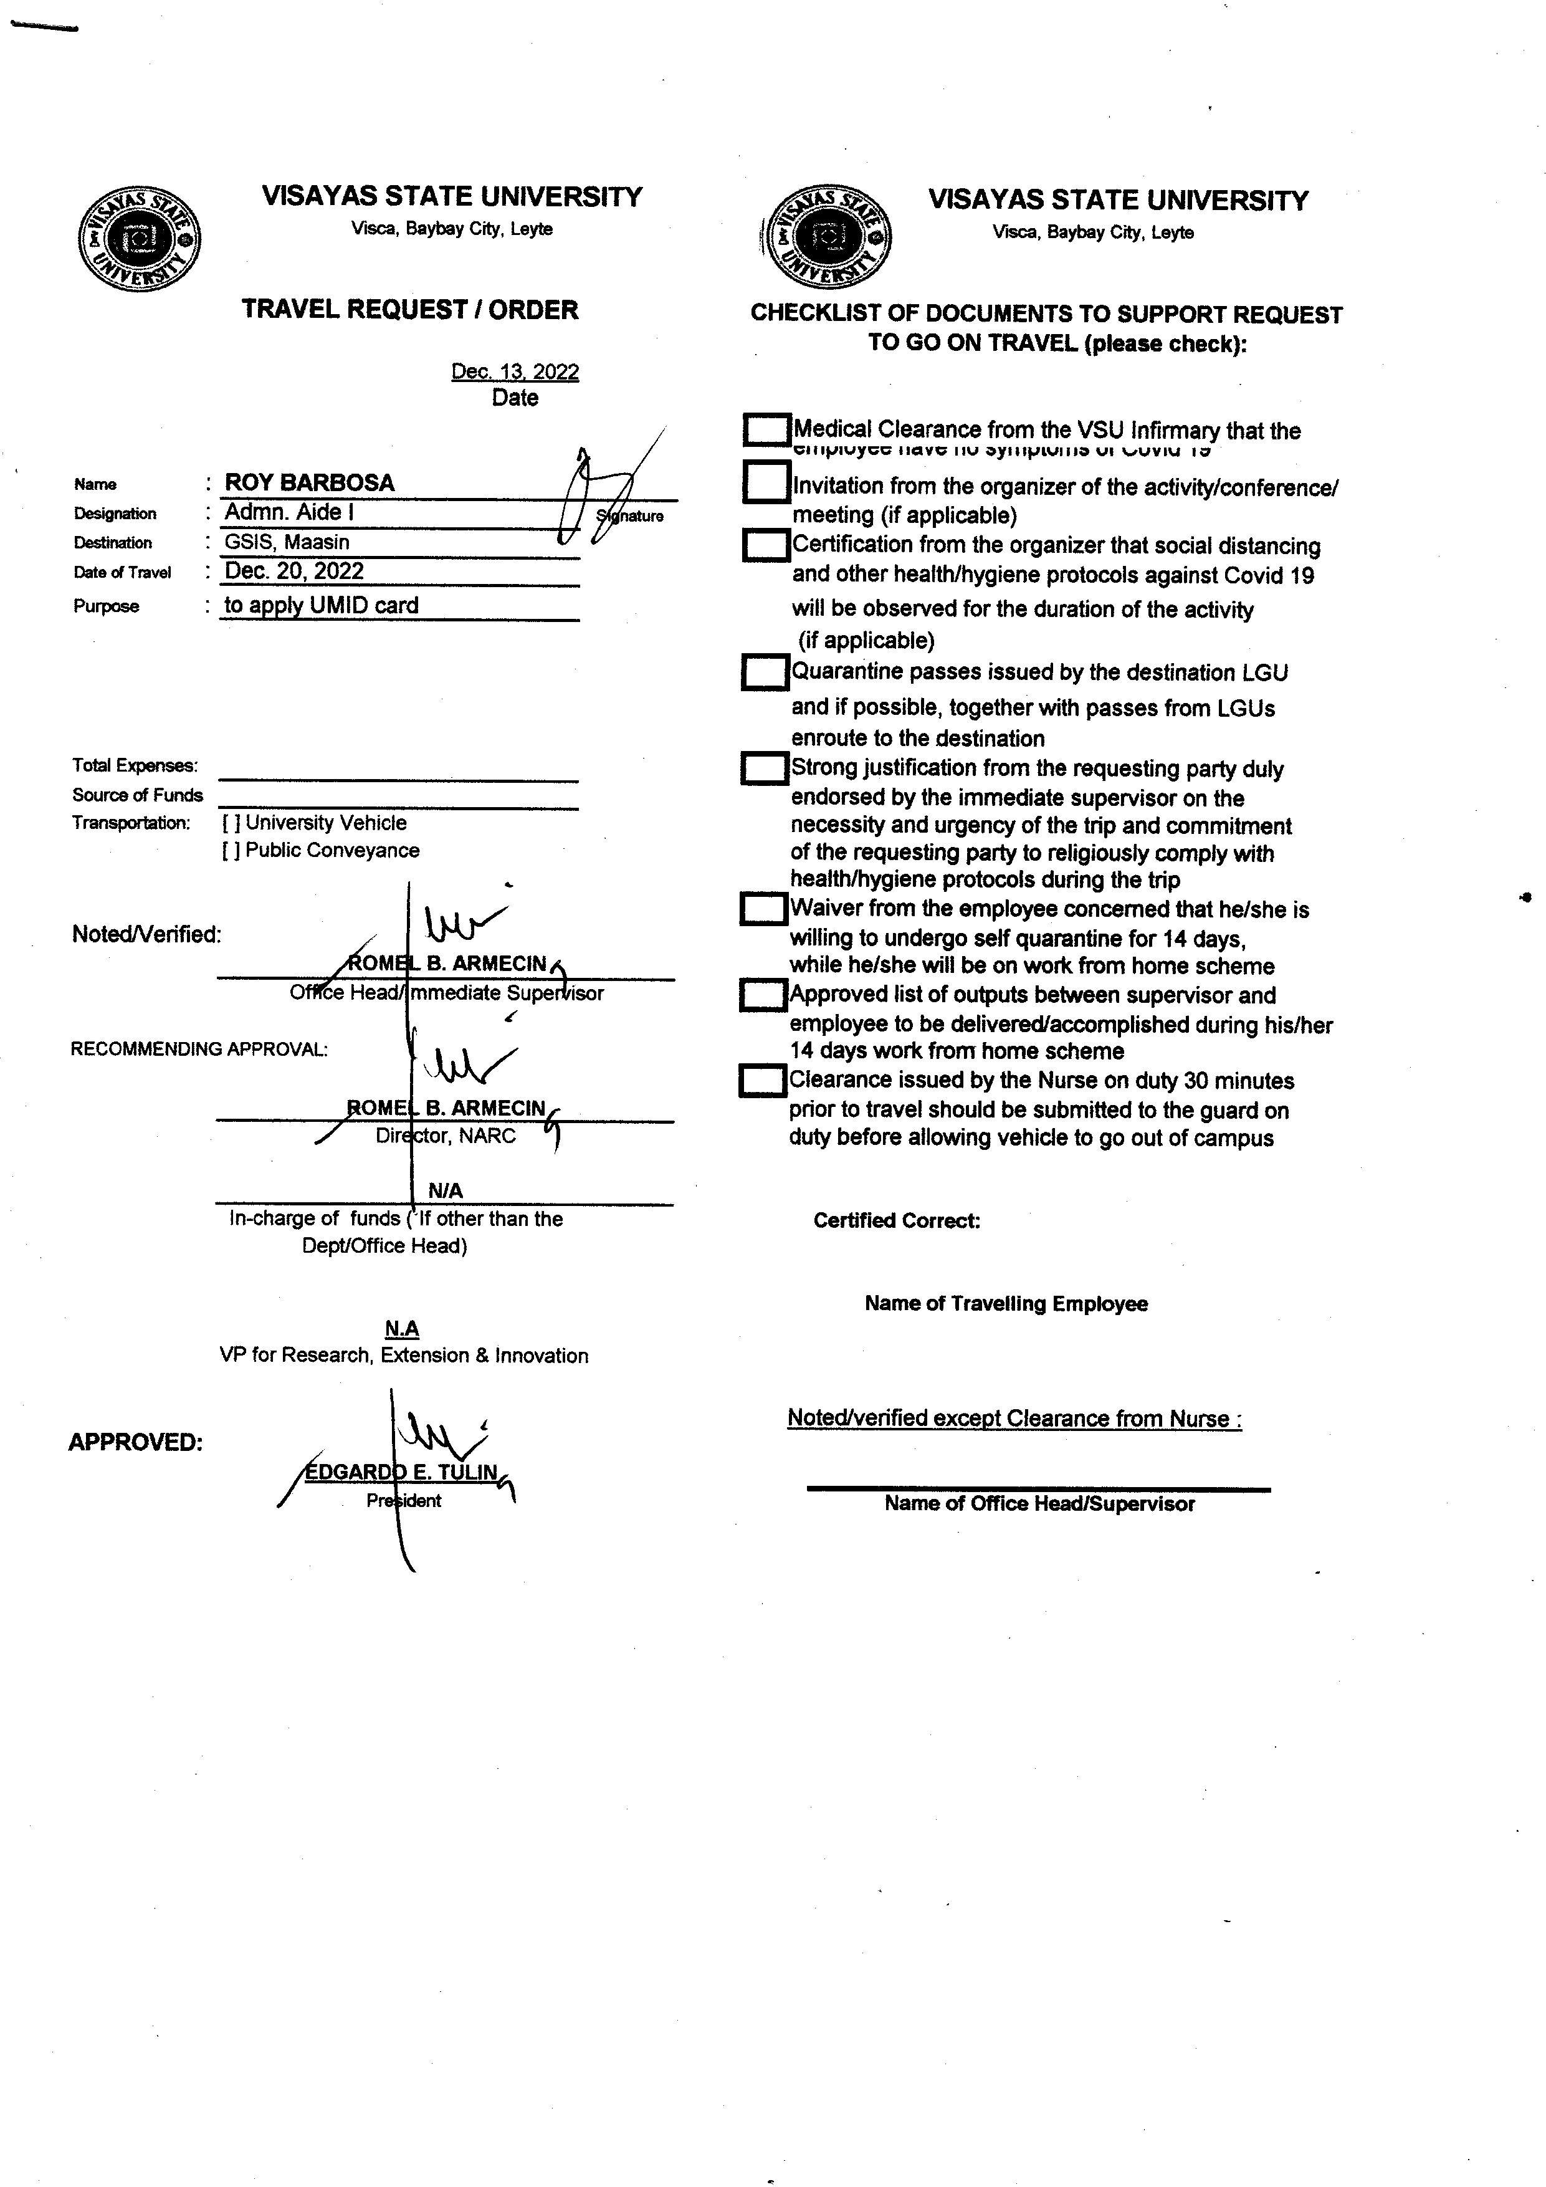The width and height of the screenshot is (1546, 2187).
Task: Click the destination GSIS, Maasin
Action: (x=287, y=542)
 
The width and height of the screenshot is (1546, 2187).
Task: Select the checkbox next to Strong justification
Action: (x=764, y=768)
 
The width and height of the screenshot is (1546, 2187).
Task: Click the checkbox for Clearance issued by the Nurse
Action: (x=762, y=1081)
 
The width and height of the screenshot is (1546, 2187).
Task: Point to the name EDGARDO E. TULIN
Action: (x=401, y=1473)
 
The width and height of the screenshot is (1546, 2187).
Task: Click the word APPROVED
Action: (x=135, y=1442)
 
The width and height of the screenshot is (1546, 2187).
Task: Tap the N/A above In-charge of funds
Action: (x=445, y=1190)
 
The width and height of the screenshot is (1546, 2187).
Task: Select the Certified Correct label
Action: (x=896, y=1221)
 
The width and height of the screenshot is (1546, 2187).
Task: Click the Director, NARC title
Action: (x=445, y=1136)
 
